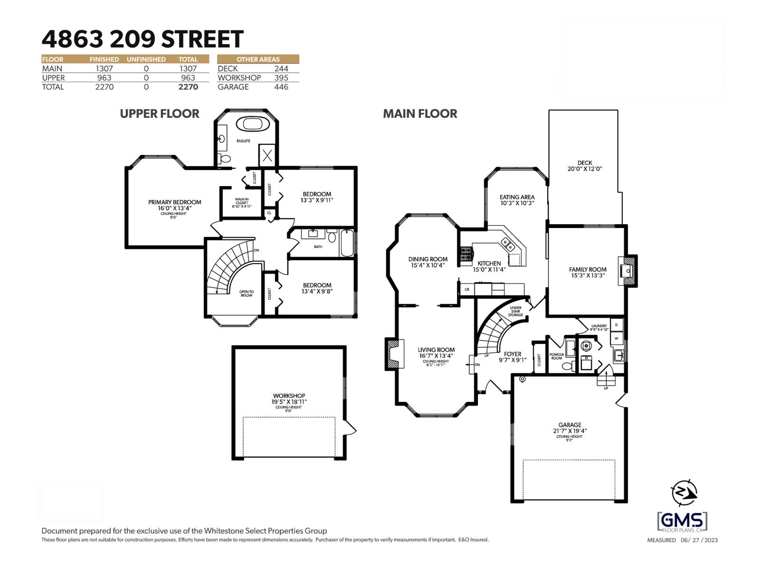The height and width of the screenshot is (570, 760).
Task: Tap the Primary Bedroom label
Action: [x=174, y=205]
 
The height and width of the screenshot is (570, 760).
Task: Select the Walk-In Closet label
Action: [x=242, y=203]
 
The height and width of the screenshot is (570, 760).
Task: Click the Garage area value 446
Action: [x=281, y=87]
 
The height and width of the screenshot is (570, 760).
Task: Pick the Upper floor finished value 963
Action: [x=104, y=78]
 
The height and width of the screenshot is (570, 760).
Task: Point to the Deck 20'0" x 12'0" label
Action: [x=585, y=166]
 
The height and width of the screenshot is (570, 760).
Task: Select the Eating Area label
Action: [x=517, y=200]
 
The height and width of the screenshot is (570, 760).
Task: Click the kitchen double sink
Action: [x=508, y=245]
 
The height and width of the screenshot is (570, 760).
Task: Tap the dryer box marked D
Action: [x=617, y=325]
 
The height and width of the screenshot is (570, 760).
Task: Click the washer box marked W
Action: [x=617, y=338]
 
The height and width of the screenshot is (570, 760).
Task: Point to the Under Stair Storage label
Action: [x=515, y=311]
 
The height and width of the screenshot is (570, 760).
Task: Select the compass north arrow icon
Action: [x=684, y=493]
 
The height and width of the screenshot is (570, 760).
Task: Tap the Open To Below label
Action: [x=246, y=294]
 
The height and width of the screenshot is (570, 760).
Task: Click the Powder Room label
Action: [x=557, y=356]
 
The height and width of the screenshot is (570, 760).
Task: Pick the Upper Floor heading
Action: [x=160, y=114]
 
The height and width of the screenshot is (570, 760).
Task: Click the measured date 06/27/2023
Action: [x=699, y=540]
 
